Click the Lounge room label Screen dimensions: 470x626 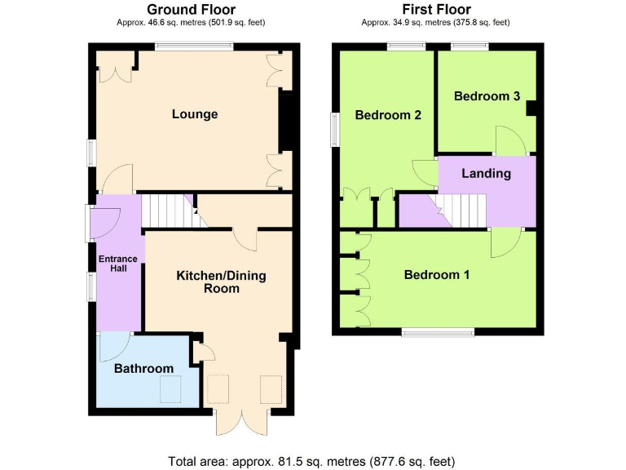click(x=195, y=114)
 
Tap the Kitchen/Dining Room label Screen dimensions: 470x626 click(x=221, y=282)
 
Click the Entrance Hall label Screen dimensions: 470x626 click(x=118, y=264)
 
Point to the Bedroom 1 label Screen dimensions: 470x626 click(x=437, y=275)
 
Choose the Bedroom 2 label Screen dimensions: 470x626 click(x=388, y=115)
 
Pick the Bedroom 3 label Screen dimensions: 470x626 click(x=487, y=96)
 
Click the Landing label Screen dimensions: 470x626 click(x=486, y=173)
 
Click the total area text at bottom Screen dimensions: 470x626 click(x=311, y=461)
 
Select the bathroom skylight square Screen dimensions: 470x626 click(x=170, y=391)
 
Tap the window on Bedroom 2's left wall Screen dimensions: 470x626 click(x=334, y=130)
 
